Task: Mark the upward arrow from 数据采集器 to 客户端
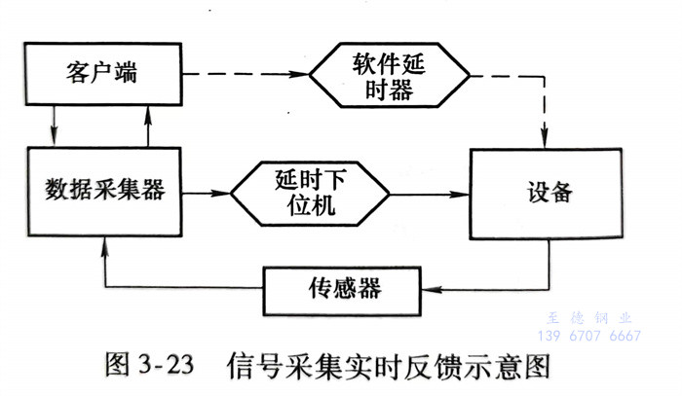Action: [147, 124]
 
